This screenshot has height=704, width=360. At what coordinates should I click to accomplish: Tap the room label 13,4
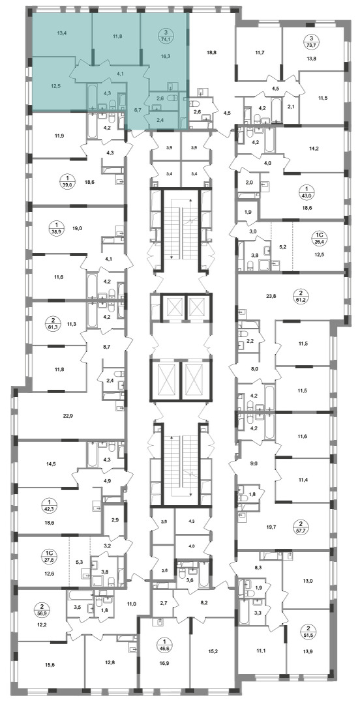click(63, 33)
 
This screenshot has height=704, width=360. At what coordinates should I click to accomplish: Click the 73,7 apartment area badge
click(308, 41)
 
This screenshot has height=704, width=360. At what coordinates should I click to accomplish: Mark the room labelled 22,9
click(68, 416)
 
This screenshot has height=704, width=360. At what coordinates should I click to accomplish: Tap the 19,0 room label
click(77, 229)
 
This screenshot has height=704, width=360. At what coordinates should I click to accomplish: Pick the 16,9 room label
click(160, 657)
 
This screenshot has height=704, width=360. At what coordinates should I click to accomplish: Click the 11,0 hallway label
click(131, 604)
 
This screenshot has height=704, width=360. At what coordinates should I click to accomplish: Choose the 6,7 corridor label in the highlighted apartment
click(138, 109)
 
